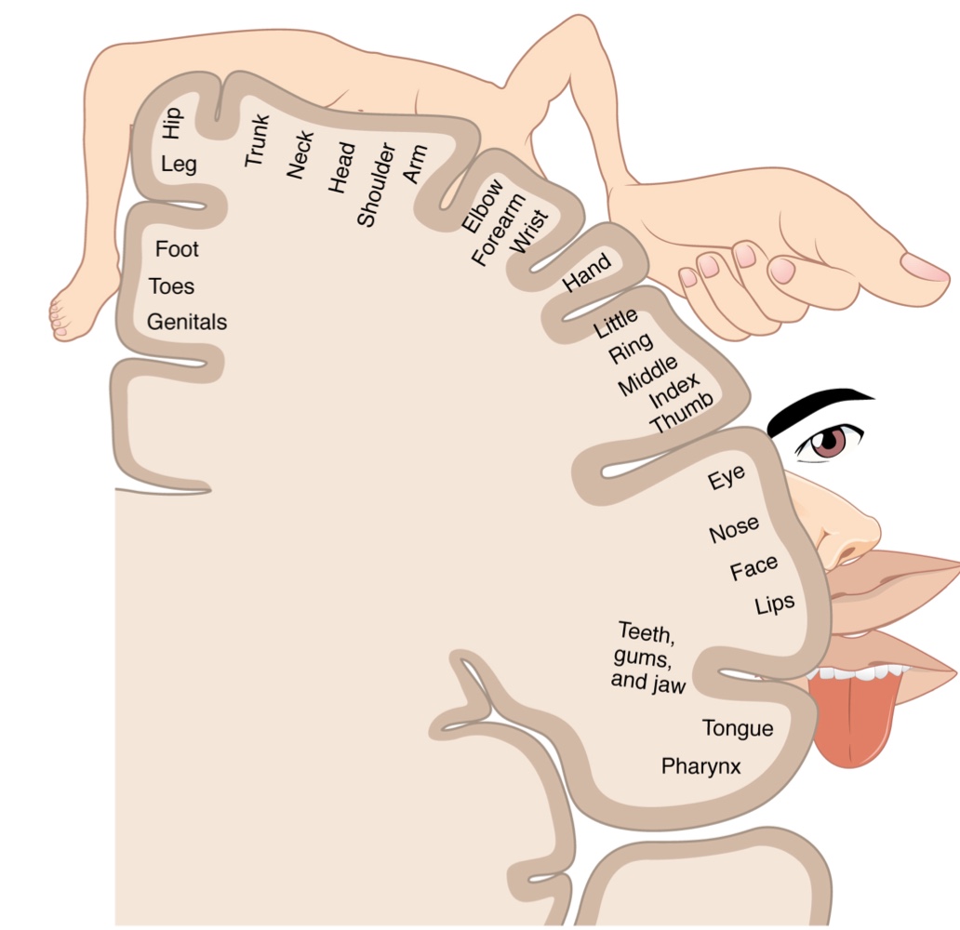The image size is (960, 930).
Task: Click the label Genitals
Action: [x=186, y=322]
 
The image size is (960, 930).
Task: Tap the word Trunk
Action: [x=257, y=140]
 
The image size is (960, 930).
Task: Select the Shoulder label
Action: [x=377, y=185]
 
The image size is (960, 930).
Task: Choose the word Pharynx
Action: [x=700, y=766]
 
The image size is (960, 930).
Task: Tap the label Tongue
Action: [x=737, y=727]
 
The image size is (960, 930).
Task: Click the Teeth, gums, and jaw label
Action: [x=647, y=658]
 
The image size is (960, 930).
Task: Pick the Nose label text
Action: [x=734, y=530]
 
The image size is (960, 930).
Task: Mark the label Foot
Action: [x=177, y=249]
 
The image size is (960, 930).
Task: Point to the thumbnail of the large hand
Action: [x=923, y=267]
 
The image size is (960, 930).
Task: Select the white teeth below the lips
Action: [x=856, y=671]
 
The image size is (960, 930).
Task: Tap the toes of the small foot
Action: [x=60, y=316]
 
